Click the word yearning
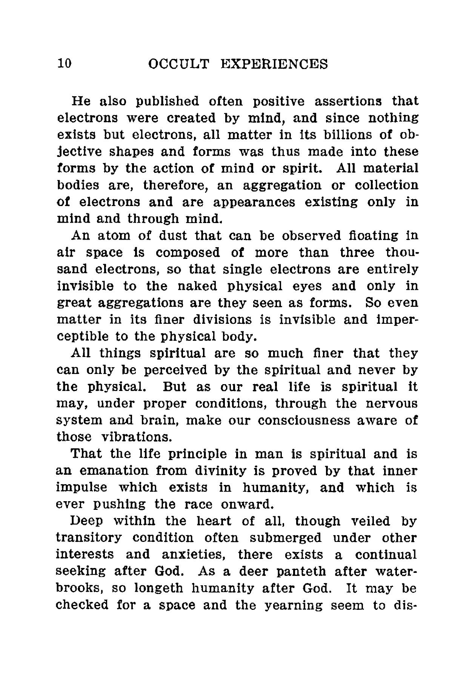click(290, 605)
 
